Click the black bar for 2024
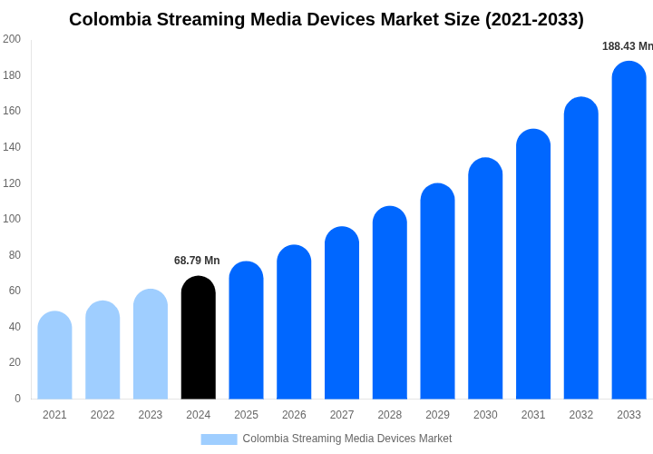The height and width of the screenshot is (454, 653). pos(199,338)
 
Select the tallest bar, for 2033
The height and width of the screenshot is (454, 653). pos(629,231)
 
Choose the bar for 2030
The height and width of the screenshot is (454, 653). pos(485,279)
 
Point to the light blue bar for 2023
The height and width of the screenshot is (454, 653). pos(151,344)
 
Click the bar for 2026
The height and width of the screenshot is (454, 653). pos(294,322)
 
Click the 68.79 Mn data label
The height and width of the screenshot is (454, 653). pos(197,261)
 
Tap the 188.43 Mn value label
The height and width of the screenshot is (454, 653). pos(627,46)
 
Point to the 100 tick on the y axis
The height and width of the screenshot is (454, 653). pos(12,219)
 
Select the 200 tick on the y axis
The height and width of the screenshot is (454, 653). pos(12,39)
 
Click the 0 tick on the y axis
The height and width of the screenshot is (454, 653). pos(17,399)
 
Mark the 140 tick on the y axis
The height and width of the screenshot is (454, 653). pos(12,147)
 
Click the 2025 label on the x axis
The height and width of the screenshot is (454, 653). pos(246,415)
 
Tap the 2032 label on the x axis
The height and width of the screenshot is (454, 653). pos(581,415)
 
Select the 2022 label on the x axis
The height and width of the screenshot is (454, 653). pos(102,415)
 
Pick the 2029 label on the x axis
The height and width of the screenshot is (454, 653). pos(437,415)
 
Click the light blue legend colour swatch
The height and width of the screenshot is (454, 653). pos(219,439)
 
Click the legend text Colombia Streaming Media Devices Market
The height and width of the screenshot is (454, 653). pos(346,439)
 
